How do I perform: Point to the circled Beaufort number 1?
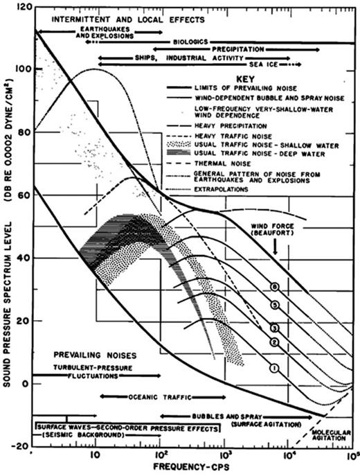click(x=273, y=369)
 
